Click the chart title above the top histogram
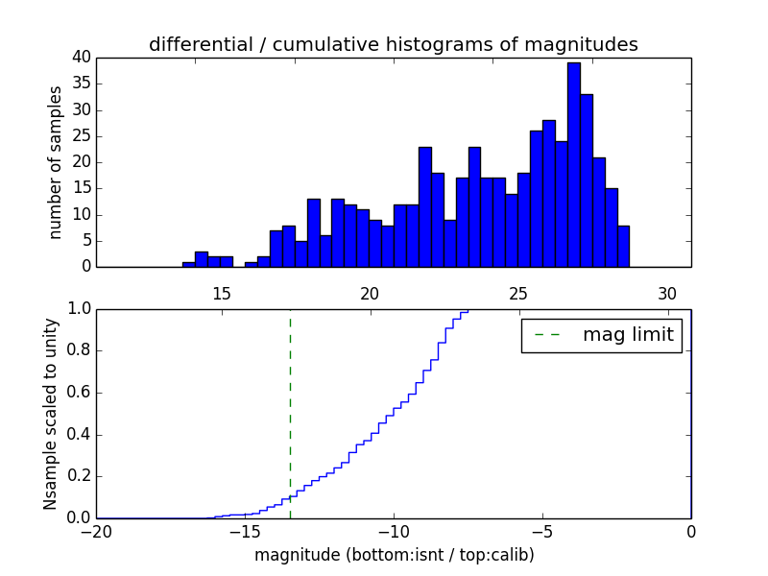[x=393, y=44]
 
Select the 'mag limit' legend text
[x=628, y=335]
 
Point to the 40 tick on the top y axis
[x=80, y=58]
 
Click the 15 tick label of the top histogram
[x=221, y=294]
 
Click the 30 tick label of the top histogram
[x=667, y=294]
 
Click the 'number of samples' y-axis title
[x=56, y=162]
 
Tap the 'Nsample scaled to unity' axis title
[x=51, y=413]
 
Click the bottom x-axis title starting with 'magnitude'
[x=394, y=555]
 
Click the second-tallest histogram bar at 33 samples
[x=586, y=180]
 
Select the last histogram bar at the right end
[x=623, y=247]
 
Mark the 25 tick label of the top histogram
[x=518, y=294]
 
